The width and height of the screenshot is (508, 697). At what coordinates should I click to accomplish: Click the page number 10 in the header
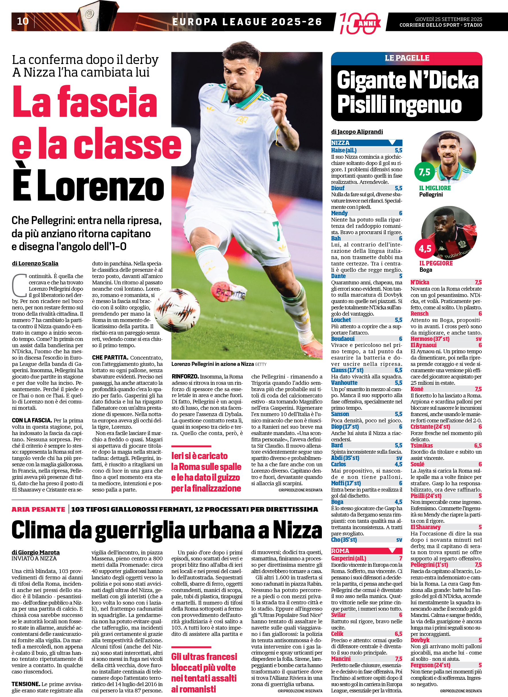point(23,21)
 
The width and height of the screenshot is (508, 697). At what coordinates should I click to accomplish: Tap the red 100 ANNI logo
point(359,23)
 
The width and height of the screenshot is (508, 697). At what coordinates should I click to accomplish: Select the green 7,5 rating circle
point(424,172)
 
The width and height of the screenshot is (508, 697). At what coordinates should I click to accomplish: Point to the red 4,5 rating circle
point(425,248)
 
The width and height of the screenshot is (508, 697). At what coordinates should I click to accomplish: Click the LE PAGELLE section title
point(407,58)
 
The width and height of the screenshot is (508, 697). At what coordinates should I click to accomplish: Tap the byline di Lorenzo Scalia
point(35,263)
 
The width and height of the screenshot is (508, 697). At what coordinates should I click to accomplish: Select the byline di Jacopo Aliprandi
point(357,132)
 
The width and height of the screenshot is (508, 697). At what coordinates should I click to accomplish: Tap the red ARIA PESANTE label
point(38,509)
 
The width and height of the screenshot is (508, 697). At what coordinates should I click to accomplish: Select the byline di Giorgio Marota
point(36,552)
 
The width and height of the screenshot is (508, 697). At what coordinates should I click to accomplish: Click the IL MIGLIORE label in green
point(435,188)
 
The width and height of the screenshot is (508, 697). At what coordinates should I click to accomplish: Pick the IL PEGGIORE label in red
point(436,263)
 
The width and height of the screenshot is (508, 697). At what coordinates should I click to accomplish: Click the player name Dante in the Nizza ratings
point(338,276)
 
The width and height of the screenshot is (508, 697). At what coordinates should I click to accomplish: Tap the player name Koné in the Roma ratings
point(417,389)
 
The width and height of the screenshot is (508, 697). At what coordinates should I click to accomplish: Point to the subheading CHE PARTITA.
point(110,358)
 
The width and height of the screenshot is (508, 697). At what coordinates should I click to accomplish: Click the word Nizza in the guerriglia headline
point(297,530)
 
